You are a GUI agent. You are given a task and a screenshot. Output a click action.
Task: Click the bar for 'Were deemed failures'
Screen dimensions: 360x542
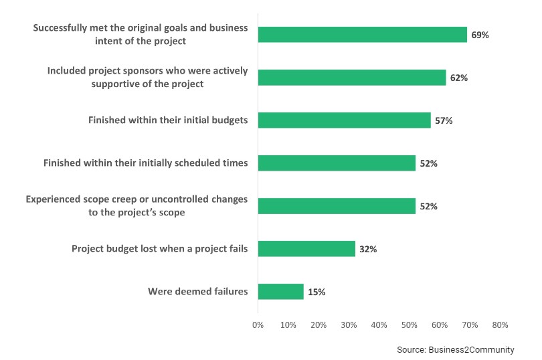coord(280,292)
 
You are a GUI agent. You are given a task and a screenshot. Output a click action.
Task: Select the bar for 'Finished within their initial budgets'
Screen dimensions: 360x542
coord(344,120)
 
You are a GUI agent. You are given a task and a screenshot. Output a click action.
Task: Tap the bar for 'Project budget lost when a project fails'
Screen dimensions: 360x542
coord(306,249)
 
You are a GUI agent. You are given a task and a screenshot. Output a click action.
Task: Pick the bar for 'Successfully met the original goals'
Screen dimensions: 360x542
coord(362,35)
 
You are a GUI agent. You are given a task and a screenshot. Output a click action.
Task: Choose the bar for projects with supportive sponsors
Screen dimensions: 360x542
coord(351,78)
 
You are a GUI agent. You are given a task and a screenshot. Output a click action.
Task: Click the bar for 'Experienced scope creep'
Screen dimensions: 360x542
coord(337,206)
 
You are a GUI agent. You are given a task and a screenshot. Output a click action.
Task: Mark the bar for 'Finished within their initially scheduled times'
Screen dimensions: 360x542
coord(337,163)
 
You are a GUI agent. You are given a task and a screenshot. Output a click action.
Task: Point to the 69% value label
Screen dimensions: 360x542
coord(480,35)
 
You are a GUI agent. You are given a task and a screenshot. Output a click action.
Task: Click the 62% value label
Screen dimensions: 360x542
coord(458,78)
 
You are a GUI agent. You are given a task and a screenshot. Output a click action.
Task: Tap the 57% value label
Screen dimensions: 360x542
coord(444,120)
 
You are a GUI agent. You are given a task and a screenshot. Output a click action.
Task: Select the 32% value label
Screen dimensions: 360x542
coord(368,249)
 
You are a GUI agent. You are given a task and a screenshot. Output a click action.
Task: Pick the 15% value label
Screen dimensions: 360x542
coord(317,292)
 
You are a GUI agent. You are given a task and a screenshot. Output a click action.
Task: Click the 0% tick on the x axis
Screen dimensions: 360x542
coord(258,325)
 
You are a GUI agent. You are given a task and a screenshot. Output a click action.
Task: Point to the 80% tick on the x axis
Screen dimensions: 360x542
coord(500,325)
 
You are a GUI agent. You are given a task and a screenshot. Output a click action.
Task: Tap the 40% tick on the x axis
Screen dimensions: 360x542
coord(379,325)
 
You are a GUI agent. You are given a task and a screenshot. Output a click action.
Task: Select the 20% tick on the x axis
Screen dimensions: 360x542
coord(319,325)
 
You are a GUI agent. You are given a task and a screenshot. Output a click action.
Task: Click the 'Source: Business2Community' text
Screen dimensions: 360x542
coord(455,349)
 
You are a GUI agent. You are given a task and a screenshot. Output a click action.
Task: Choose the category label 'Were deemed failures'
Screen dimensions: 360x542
coord(197,292)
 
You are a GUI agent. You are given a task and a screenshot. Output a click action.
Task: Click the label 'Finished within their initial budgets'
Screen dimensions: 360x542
coord(168,120)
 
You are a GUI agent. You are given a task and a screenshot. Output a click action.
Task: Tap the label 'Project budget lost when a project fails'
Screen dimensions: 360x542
coord(159,249)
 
